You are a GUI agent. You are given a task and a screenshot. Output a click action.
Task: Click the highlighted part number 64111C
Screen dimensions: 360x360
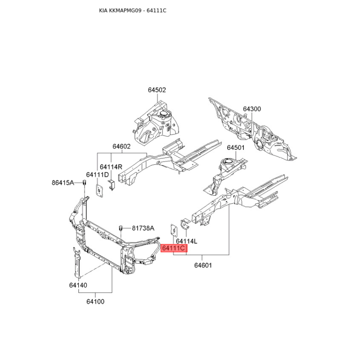pyautogui.click(x=174, y=248)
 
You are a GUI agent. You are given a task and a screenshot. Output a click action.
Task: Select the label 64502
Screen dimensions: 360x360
pyautogui.click(x=157, y=90)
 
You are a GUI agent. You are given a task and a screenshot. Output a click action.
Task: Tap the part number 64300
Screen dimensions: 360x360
pyautogui.click(x=252, y=109)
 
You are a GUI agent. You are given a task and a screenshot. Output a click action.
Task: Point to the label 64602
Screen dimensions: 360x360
pyautogui.click(x=121, y=146)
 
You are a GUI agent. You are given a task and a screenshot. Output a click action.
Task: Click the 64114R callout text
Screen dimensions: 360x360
pyautogui.click(x=111, y=166)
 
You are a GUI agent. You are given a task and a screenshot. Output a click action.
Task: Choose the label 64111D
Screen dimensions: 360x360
pyautogui.click(x=97, y=175)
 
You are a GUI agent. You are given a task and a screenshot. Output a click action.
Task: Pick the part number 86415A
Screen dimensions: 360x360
pyautogui.click(x=63, y=183)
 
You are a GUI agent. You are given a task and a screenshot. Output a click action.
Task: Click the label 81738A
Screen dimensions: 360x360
pyautogui.click(x=143, y=228)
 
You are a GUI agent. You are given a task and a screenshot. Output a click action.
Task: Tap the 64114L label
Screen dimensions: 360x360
pyautogui.click(x=186, y=241)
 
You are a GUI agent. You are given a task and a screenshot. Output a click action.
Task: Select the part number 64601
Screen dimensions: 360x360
pyautogui.click(x=203, y=265)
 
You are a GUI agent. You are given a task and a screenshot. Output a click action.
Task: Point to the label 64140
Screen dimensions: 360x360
pyautogui.click(x=78, y=285)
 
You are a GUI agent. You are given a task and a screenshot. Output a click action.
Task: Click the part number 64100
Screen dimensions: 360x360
pyautogui.click(x=95, y=301)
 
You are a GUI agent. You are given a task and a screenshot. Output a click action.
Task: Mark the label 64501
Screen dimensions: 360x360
pyautogui.click(x=236, y=148)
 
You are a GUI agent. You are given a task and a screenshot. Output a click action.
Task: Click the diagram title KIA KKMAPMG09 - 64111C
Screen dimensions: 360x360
pyautogui.click(x=133, y=10)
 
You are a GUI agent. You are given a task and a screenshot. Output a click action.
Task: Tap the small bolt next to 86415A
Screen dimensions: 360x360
pyautogui.click(x=84, y=183)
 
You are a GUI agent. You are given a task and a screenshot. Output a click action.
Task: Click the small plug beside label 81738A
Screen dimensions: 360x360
pyautogui.click(x=120, y=228)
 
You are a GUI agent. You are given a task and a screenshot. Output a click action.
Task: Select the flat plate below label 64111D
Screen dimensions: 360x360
pyautogui.click(x=99, y=190)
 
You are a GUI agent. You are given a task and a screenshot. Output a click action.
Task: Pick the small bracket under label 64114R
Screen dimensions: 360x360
pyautogui.click(x=112, y=185)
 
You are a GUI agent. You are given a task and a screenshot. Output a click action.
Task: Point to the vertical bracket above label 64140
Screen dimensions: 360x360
pyautogui.click(x=76, y=262)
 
